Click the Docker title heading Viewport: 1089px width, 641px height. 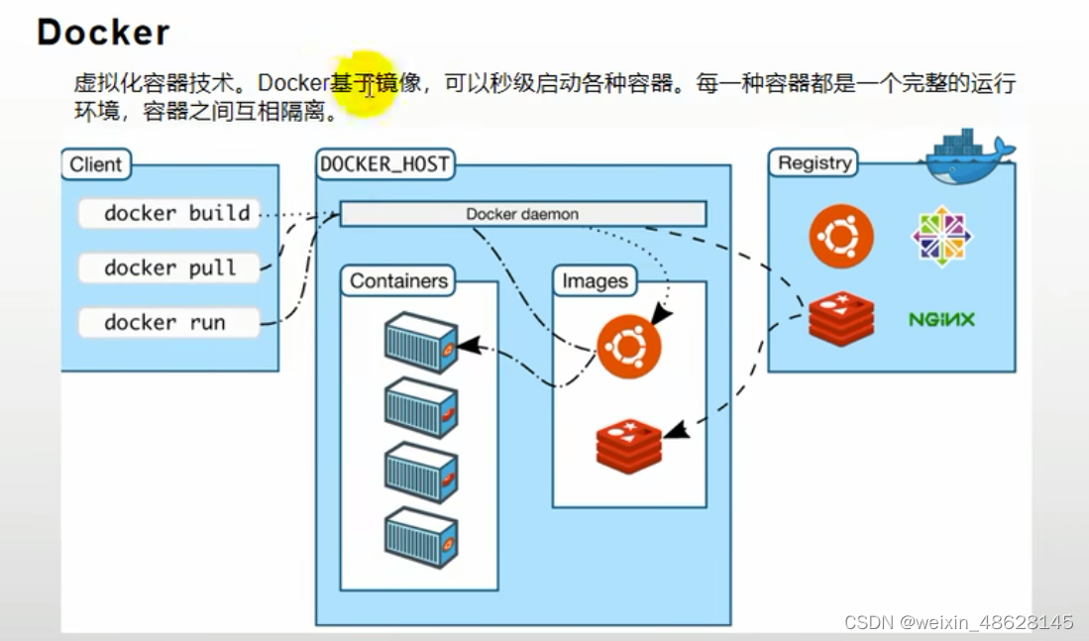tap(103, 32)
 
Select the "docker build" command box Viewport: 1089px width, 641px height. tap(168, 213)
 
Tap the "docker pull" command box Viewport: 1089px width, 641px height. tap(168, 267)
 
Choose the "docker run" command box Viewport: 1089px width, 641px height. tap(168, 322)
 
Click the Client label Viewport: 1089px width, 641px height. tap(96, 164)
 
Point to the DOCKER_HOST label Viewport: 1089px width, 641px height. tap(384, 164)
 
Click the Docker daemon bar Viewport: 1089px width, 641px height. tap(522, 214)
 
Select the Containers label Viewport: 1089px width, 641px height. tap(398, 281)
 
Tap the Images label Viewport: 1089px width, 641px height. tap(595, 281)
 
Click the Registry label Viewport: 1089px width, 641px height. tap(814, 163)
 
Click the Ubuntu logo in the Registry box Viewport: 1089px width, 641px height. tap(841, 237)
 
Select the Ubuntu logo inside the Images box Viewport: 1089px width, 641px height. tap(628, 347)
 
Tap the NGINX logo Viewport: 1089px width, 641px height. tap(941, 320)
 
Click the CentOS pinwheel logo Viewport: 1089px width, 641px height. tap(941, 236)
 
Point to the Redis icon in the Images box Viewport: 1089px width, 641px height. tap(629, 446)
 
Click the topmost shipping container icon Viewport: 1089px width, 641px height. tap(420, 342)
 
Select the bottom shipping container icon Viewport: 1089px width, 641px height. tap(420, 537)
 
